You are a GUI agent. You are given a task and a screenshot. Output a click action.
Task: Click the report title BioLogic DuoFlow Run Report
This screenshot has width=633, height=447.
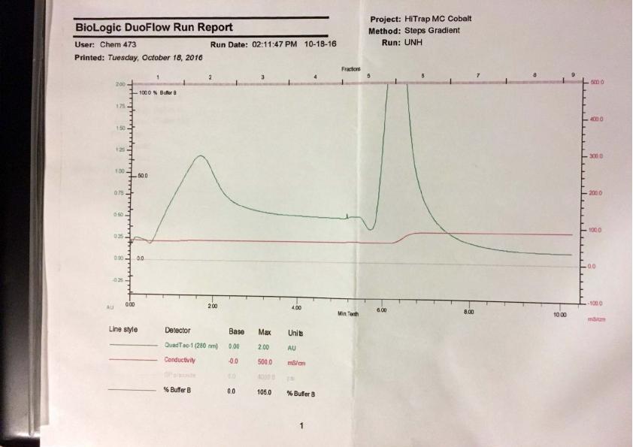point(153,28)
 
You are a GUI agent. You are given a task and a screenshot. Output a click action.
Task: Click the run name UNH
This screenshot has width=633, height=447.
point(413,44)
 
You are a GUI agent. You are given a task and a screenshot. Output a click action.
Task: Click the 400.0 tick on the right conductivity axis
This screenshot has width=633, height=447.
point(598,119)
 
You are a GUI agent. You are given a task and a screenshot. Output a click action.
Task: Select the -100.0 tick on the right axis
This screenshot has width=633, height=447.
point(598,302)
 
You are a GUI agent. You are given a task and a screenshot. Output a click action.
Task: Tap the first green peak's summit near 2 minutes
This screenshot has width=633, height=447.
point(200,156)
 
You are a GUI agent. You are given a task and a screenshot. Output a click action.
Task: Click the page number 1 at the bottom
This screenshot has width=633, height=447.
point(301,426)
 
